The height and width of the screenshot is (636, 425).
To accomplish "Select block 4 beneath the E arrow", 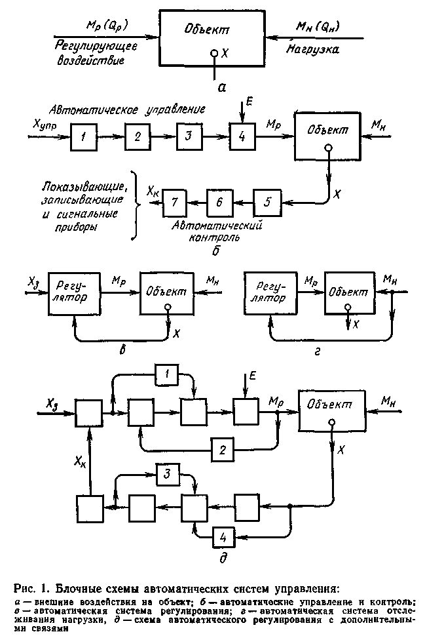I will (x=242, y=137).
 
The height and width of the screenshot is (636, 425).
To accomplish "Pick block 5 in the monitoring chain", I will (x=266, y=201).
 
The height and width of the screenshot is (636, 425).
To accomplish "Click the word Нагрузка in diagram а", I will (x=312, y=52).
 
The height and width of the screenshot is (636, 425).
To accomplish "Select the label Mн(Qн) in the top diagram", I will (x=316, y=27).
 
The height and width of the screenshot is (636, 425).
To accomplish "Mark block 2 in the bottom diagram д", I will (x=223, y=449).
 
